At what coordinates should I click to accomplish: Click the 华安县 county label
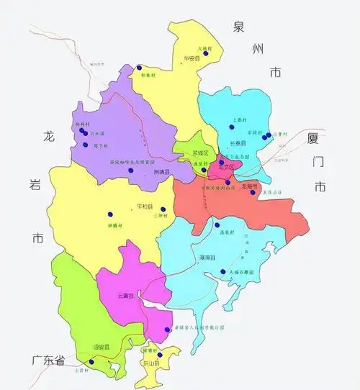tap(191, 58)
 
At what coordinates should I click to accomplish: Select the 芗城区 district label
tap(200, 154)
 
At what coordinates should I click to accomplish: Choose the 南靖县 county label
tap(163, 173)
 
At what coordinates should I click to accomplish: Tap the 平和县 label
tap(144, 207)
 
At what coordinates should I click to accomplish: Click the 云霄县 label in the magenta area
tap(127, 296)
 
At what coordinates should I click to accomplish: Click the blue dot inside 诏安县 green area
tap(91, 362)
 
